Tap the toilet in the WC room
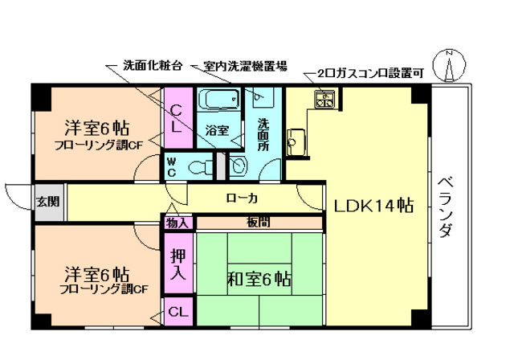pyautogui.click(x=196, y=166)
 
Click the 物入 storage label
pyautogui.click(x=178, y=223)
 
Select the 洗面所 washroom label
pyautogui.click(x=263, y=135)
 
